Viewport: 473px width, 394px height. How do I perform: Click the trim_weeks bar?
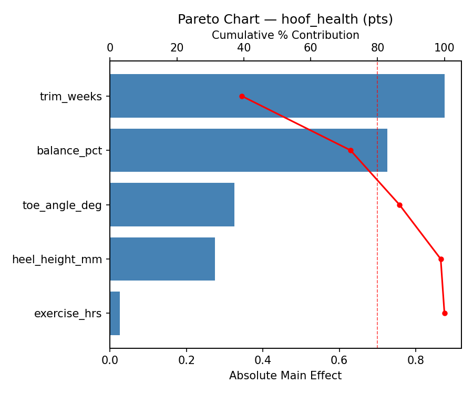(x=277, y=96)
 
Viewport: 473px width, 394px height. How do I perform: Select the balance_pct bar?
(x=248, y=150)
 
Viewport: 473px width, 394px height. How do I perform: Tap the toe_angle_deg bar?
(x=172, y=204)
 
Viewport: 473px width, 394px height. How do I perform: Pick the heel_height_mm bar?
(x=162, y=259)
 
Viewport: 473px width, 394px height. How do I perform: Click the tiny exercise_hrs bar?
(x=115, y=313)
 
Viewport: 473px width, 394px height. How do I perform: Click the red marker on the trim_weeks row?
(x=242, y=96)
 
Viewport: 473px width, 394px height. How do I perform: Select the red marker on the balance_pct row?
(x=351, y=150)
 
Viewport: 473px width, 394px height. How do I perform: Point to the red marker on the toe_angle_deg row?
(x=399, y=205)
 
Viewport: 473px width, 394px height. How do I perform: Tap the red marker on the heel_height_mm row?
(x=441, y=259)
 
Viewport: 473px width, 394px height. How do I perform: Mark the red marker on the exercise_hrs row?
(x=445, y=313)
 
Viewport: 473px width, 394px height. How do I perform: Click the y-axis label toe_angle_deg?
(x=62, y=205)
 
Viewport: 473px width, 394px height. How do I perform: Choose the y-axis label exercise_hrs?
(x=68, y=314)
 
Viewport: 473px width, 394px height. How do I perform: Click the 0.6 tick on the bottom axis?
(x=339, y=360)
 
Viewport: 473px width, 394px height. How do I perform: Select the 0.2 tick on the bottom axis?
(x=186, y=360)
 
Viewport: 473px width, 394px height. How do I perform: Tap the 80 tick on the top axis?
(x=377, y=48)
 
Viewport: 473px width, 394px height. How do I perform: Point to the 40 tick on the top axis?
(x=244, y=48)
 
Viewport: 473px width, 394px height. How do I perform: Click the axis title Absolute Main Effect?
(x=285, y=376)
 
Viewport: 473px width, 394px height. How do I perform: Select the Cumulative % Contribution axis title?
(x=285, y=35)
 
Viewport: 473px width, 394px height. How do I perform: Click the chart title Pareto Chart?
(x=285, y=19)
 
